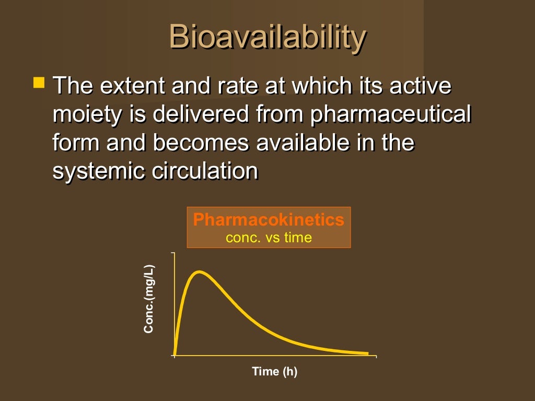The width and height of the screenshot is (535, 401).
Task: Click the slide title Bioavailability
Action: [267, 38]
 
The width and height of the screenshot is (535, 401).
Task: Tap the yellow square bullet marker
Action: [39, 82]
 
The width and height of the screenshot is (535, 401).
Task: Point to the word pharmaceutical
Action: [391, 114]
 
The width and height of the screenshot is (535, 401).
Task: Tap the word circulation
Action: [205, 171]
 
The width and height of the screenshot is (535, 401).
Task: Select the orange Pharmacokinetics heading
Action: [269, 220]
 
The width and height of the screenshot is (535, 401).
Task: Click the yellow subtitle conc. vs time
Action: [269, 238]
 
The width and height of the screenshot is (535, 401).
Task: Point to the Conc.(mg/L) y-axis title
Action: [149, 299]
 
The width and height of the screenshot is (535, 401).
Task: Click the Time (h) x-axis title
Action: [274, 372]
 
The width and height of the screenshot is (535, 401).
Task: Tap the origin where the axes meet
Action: [175, 356]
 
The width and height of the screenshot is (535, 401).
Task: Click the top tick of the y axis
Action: [173, 253]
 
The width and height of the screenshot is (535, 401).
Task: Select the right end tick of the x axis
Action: [376, 357]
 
